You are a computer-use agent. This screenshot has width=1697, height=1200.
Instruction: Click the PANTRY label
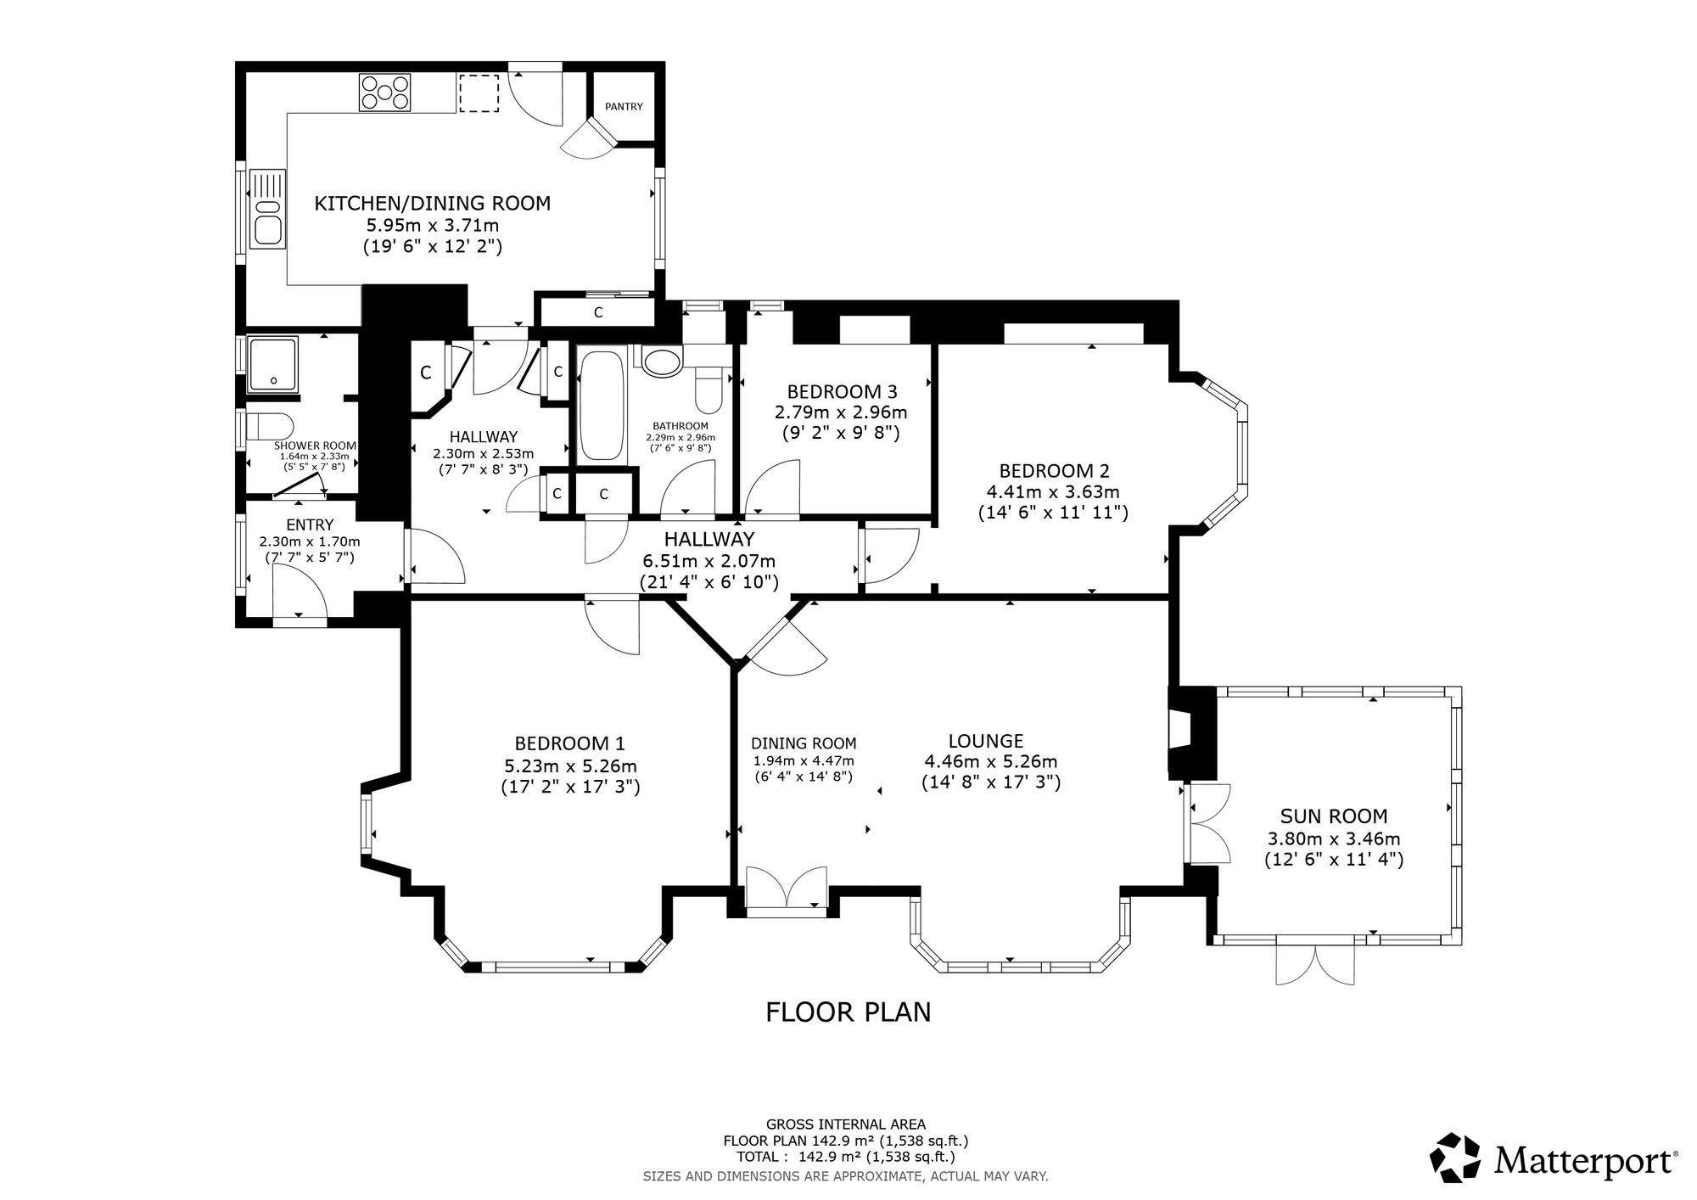tap(624, 107)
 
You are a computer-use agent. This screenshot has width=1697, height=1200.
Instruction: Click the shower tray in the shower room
tap(273, 364)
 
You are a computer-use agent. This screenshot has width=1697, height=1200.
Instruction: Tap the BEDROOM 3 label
tap(842, 392)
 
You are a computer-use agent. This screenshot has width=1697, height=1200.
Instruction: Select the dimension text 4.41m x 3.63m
tap(1053, 491)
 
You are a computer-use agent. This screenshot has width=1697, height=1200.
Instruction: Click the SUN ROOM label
tap(1334, 816)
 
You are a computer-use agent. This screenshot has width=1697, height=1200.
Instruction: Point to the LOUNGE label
tap(986, 741)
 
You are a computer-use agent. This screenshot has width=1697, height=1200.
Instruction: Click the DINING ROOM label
tap(804, 744)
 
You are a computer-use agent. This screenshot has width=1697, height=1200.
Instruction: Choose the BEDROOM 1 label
tap(570, 743)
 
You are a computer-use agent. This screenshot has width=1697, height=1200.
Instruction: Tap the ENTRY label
tap(310, 525)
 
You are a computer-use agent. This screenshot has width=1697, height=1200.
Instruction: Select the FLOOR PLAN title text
tap(848, 1012)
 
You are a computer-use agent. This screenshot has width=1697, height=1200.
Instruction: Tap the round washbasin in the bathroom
tap(662, 361)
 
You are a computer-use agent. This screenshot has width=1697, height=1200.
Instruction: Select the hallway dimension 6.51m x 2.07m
tap(708, 561)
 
